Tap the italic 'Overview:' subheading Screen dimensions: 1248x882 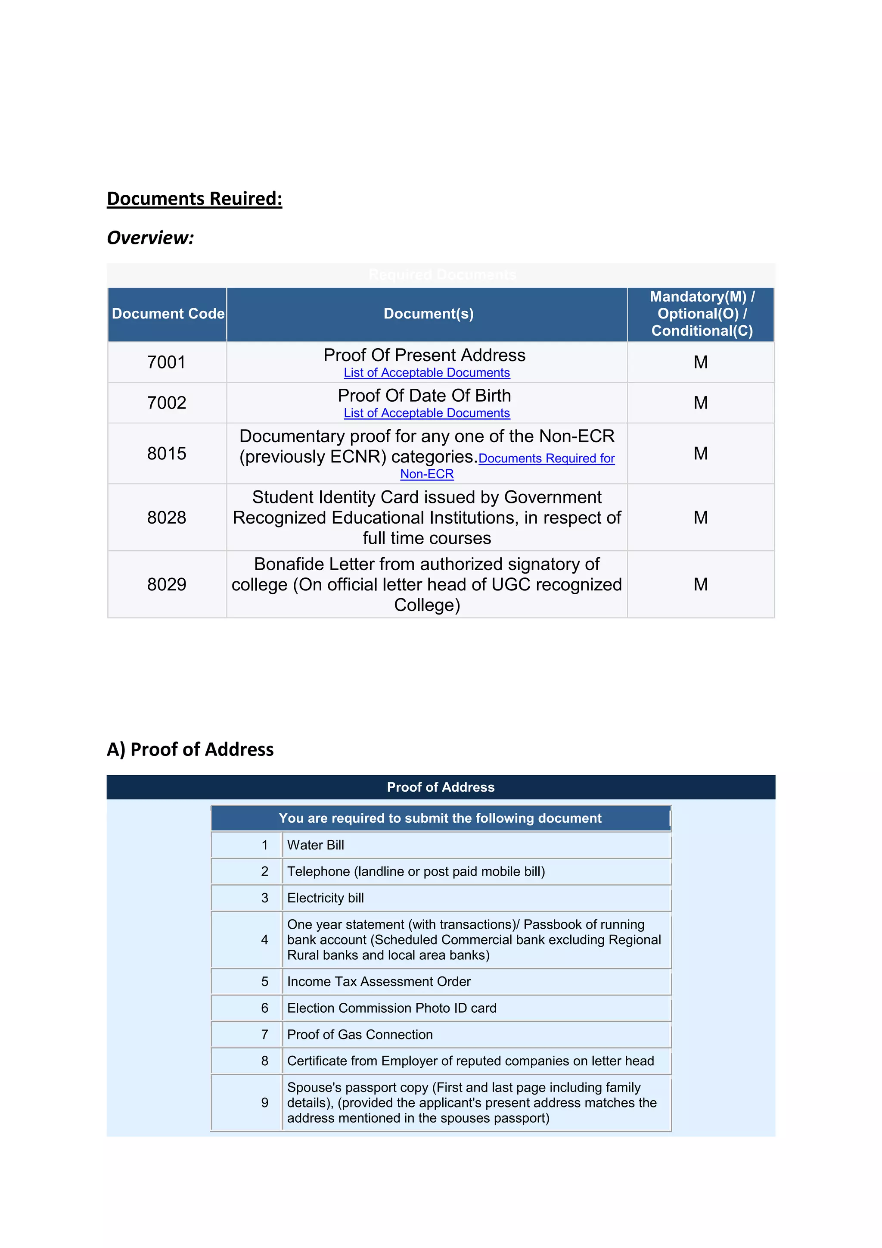150,237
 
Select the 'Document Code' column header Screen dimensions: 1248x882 167,314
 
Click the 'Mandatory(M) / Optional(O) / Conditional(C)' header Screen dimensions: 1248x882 701,314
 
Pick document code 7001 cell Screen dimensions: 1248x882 166,362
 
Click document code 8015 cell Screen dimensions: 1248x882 166,453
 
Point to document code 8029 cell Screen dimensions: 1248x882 166,584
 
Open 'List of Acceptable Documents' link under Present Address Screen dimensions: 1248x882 426,373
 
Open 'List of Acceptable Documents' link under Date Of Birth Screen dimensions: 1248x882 426,413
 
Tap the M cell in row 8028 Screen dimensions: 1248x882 701,518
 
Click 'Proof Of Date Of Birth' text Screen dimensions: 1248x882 424,395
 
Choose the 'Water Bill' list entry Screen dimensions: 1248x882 316,845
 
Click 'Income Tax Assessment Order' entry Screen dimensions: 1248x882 379,982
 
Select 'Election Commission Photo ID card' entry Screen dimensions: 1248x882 391,1008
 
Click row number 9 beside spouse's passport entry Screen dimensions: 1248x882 264,1103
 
